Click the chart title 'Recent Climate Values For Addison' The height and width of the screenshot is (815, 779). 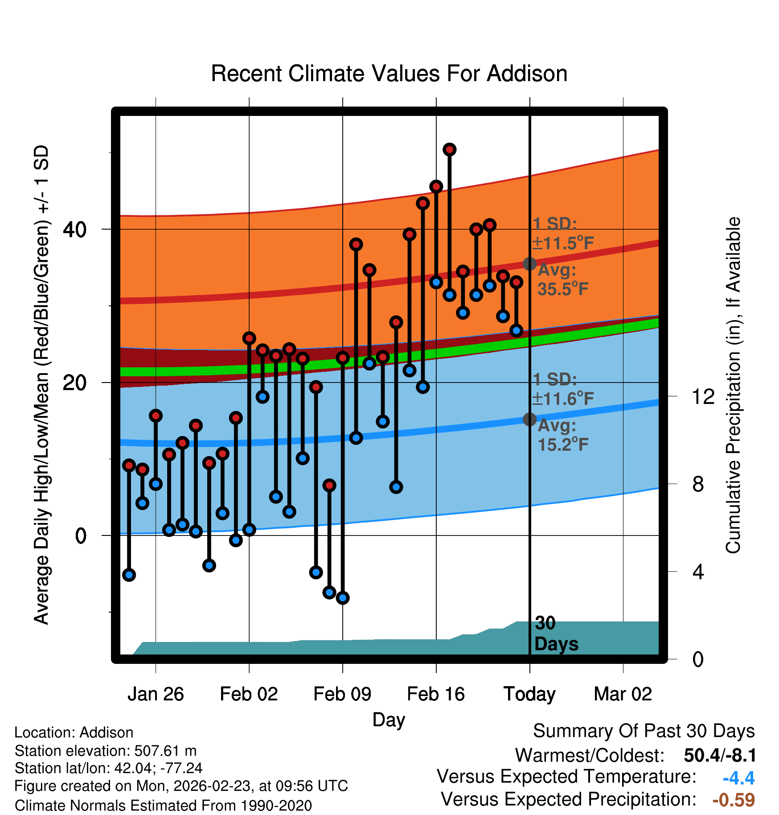pyautogui.click(x=389, y=74)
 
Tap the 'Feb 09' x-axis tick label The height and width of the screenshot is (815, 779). pyautogui.click(x=342, y=694)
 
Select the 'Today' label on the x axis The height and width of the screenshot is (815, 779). pyautogui.click(x=529, y=694)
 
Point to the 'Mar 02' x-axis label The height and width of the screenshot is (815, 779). pyautogui.click(x=623, y=694)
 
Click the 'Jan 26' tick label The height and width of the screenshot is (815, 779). pyautogui.click(x=156, y=694)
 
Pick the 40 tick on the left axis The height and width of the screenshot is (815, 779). pyautogui.click(x=74, y=230)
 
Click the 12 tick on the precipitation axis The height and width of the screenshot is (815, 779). pyautogui.click(x=703, y=397)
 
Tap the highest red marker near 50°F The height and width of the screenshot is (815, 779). pyautogui.click(x=449, y=149)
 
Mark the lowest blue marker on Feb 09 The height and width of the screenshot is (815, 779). pyautogui.click(x=343, y=598)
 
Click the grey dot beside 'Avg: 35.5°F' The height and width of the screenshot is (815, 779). pyautogui.click(x=529, y=264)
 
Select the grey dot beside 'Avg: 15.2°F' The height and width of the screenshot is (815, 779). pyautogui.click(x=529, y=419)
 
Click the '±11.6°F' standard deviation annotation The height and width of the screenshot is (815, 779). pyautogui.click(x=563, y=399)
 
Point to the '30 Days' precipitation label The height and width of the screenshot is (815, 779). pyautogui.click(x=556, y=634)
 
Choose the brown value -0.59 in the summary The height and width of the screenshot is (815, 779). pyautogui.click(x=734, y=800)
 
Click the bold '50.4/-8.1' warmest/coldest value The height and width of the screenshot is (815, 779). pyautogui.click(x=720, y=756)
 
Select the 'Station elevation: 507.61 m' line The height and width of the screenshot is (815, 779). pyautogui.click(x=106, y=751)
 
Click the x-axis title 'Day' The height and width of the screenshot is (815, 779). pyautogui.click(x=389, y=720)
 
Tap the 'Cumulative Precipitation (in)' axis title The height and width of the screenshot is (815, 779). pyautogui.click(x=733, y=385)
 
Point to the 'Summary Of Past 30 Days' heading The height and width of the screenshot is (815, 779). pyautogui.click(x=644, y=731)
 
